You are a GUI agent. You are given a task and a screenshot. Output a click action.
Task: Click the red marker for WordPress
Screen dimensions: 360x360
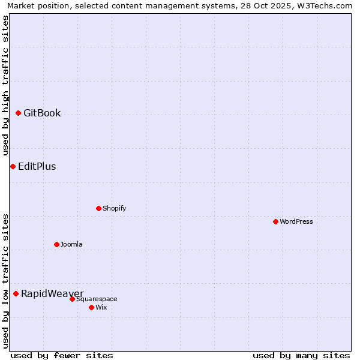(x=275, y=221)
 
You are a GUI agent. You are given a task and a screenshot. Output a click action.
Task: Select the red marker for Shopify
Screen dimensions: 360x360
(x=98, y=208)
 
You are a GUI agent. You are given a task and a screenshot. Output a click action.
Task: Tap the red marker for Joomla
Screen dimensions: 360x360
(x=56, y=244)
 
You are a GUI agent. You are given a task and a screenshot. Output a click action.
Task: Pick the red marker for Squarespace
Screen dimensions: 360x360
(x=72, y=299)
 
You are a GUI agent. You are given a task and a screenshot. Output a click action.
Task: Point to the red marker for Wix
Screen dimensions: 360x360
(x=91, y=307)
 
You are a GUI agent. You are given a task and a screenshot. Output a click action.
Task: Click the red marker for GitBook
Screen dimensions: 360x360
(x=18, y=113)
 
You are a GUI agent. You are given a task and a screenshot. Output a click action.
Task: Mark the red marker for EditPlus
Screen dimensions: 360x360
(x=13, y=166)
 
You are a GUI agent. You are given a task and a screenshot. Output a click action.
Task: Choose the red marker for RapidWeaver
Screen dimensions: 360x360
(x=16, y=293)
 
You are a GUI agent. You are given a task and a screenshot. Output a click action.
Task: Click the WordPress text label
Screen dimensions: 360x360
(x=296, y=221)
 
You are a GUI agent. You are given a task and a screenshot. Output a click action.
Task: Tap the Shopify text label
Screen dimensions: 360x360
(x=115, y=208)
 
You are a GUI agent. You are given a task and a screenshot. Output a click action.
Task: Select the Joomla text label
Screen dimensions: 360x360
(x=71, y=244)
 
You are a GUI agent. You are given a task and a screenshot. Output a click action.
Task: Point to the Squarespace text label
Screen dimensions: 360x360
(x=97, y=299)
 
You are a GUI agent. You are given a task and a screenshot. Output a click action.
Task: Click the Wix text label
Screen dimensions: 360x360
(x=101, y=307)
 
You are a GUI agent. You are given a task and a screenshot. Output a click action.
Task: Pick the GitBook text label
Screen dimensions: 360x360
(x=42, y=113)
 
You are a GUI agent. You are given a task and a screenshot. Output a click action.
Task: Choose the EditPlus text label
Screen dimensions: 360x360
(x=37, y=166)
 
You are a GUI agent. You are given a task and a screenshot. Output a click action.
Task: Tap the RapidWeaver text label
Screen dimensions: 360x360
(x=52, y=293)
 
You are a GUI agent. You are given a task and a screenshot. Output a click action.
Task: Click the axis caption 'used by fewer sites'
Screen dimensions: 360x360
(x=62, y=355)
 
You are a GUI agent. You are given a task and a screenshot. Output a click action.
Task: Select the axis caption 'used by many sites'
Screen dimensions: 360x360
(x=301, y=355)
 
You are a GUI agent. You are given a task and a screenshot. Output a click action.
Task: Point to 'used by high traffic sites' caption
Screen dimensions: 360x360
(x=6, y=85)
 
